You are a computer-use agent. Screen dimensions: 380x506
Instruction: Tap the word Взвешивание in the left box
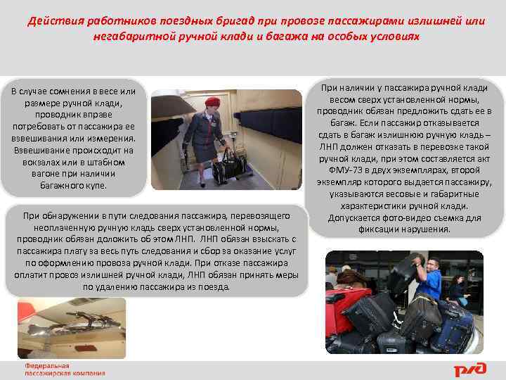41,151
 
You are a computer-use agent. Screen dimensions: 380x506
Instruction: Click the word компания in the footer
89,374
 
